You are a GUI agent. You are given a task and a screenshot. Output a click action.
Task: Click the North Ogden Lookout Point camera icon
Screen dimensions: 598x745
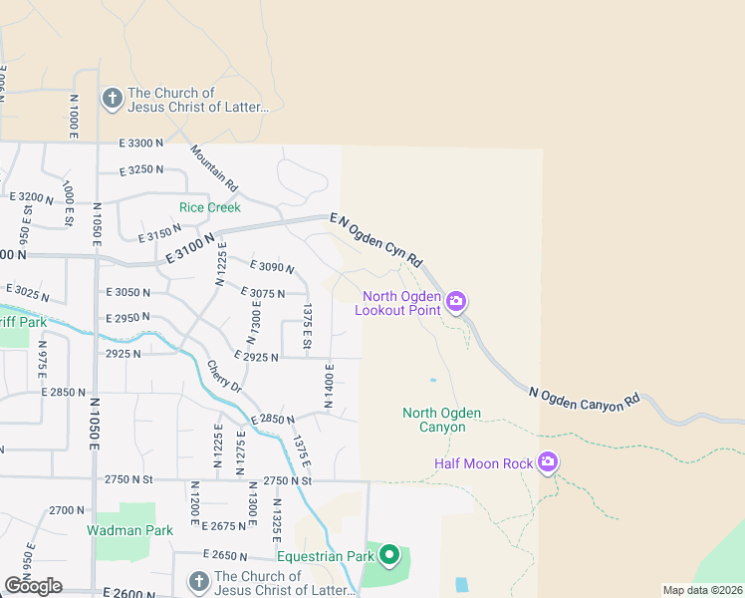coord(456,301)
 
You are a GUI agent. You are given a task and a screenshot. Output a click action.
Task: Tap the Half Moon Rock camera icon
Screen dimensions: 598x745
coord(547,462)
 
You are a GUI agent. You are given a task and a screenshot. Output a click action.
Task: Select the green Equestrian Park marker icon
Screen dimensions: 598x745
coord(389,555)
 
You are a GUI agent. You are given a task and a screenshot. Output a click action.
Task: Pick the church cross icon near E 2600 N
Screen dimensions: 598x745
coord(198,581)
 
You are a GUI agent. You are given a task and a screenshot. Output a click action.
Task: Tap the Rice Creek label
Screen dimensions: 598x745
coord(210,207)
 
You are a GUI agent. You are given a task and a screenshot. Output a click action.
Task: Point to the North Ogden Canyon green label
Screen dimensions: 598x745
coord(441,420)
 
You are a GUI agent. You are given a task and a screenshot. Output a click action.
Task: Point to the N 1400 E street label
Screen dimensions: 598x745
coord(329,387)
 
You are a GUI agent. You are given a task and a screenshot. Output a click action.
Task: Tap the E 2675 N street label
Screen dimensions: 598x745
coord(223,525)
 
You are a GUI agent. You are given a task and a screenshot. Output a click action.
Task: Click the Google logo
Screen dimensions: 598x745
coord(34,586)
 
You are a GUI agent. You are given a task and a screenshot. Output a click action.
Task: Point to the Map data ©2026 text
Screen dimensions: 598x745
coord(701,590)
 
